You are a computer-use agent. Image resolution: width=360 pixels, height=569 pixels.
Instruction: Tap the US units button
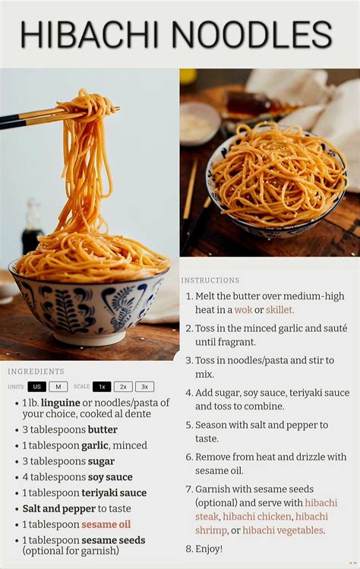pos(36,387)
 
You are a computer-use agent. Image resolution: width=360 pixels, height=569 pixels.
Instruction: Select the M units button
pos(58,387)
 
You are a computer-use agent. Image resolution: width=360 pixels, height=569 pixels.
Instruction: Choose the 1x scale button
pos(102,387)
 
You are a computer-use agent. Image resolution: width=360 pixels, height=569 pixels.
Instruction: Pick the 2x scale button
pos(123,387)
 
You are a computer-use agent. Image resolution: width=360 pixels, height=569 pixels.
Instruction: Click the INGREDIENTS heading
pos(36,371)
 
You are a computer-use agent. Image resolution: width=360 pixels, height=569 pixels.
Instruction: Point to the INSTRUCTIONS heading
pos(210,280)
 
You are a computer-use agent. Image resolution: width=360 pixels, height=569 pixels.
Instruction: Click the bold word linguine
pos(60,402)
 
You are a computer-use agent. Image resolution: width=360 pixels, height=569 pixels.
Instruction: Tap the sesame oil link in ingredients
pos(106,524)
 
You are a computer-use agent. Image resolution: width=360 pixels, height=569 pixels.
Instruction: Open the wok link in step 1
pos(243,310)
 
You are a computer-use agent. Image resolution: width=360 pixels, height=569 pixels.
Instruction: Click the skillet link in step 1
pos(279,310)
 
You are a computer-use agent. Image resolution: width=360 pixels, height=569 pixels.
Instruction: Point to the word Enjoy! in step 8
pos(209,548)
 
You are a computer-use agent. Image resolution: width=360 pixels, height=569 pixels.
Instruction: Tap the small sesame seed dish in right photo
pos(200,122)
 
